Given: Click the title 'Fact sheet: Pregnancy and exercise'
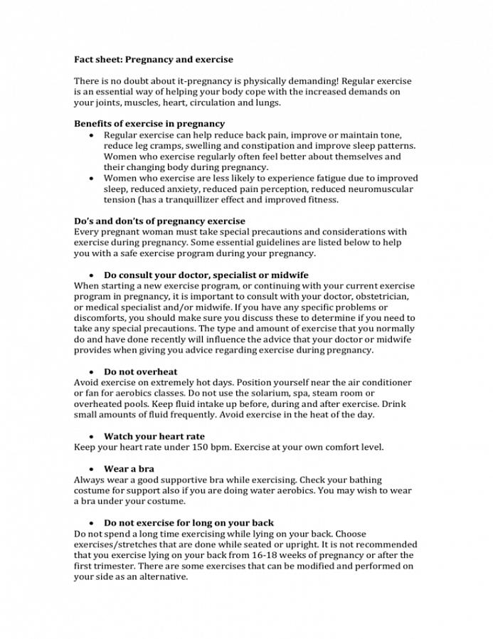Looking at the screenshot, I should [x=154, y=60].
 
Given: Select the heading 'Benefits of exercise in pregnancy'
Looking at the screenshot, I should [x=149, y=124].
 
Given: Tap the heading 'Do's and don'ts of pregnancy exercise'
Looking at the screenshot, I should [x=159, y=221].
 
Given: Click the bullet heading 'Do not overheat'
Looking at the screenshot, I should [x=141, y=371].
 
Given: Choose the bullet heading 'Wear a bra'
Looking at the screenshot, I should [x=129, y=469].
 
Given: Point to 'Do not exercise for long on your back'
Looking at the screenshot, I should [x=189, y=523].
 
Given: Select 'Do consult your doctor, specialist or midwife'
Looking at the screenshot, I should [x=206, y=275].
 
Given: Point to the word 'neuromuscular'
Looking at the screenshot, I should [x=378, y=189].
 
